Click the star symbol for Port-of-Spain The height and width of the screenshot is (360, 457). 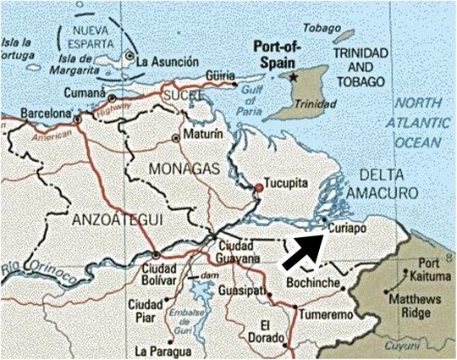pyautogui.click(x=294, y=76)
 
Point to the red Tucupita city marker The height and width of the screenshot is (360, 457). pyautogui.click(x=257, y=187)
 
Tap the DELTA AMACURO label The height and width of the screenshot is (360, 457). pyautogui.click(x=390, y=186)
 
